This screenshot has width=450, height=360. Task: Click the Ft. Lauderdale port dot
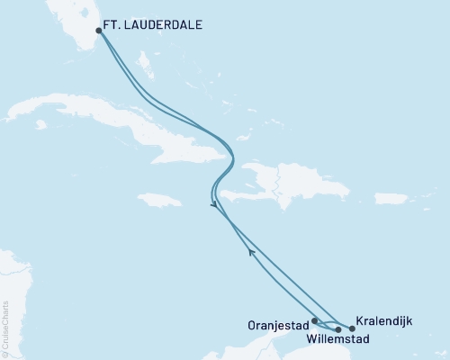99,30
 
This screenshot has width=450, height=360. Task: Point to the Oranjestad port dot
314,319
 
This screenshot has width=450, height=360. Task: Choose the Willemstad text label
337,340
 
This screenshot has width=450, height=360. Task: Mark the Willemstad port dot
337,329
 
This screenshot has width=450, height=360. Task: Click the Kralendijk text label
386,319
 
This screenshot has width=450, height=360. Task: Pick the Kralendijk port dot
352,328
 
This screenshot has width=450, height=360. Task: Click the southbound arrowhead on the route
213,205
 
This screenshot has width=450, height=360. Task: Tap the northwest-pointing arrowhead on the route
252,255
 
